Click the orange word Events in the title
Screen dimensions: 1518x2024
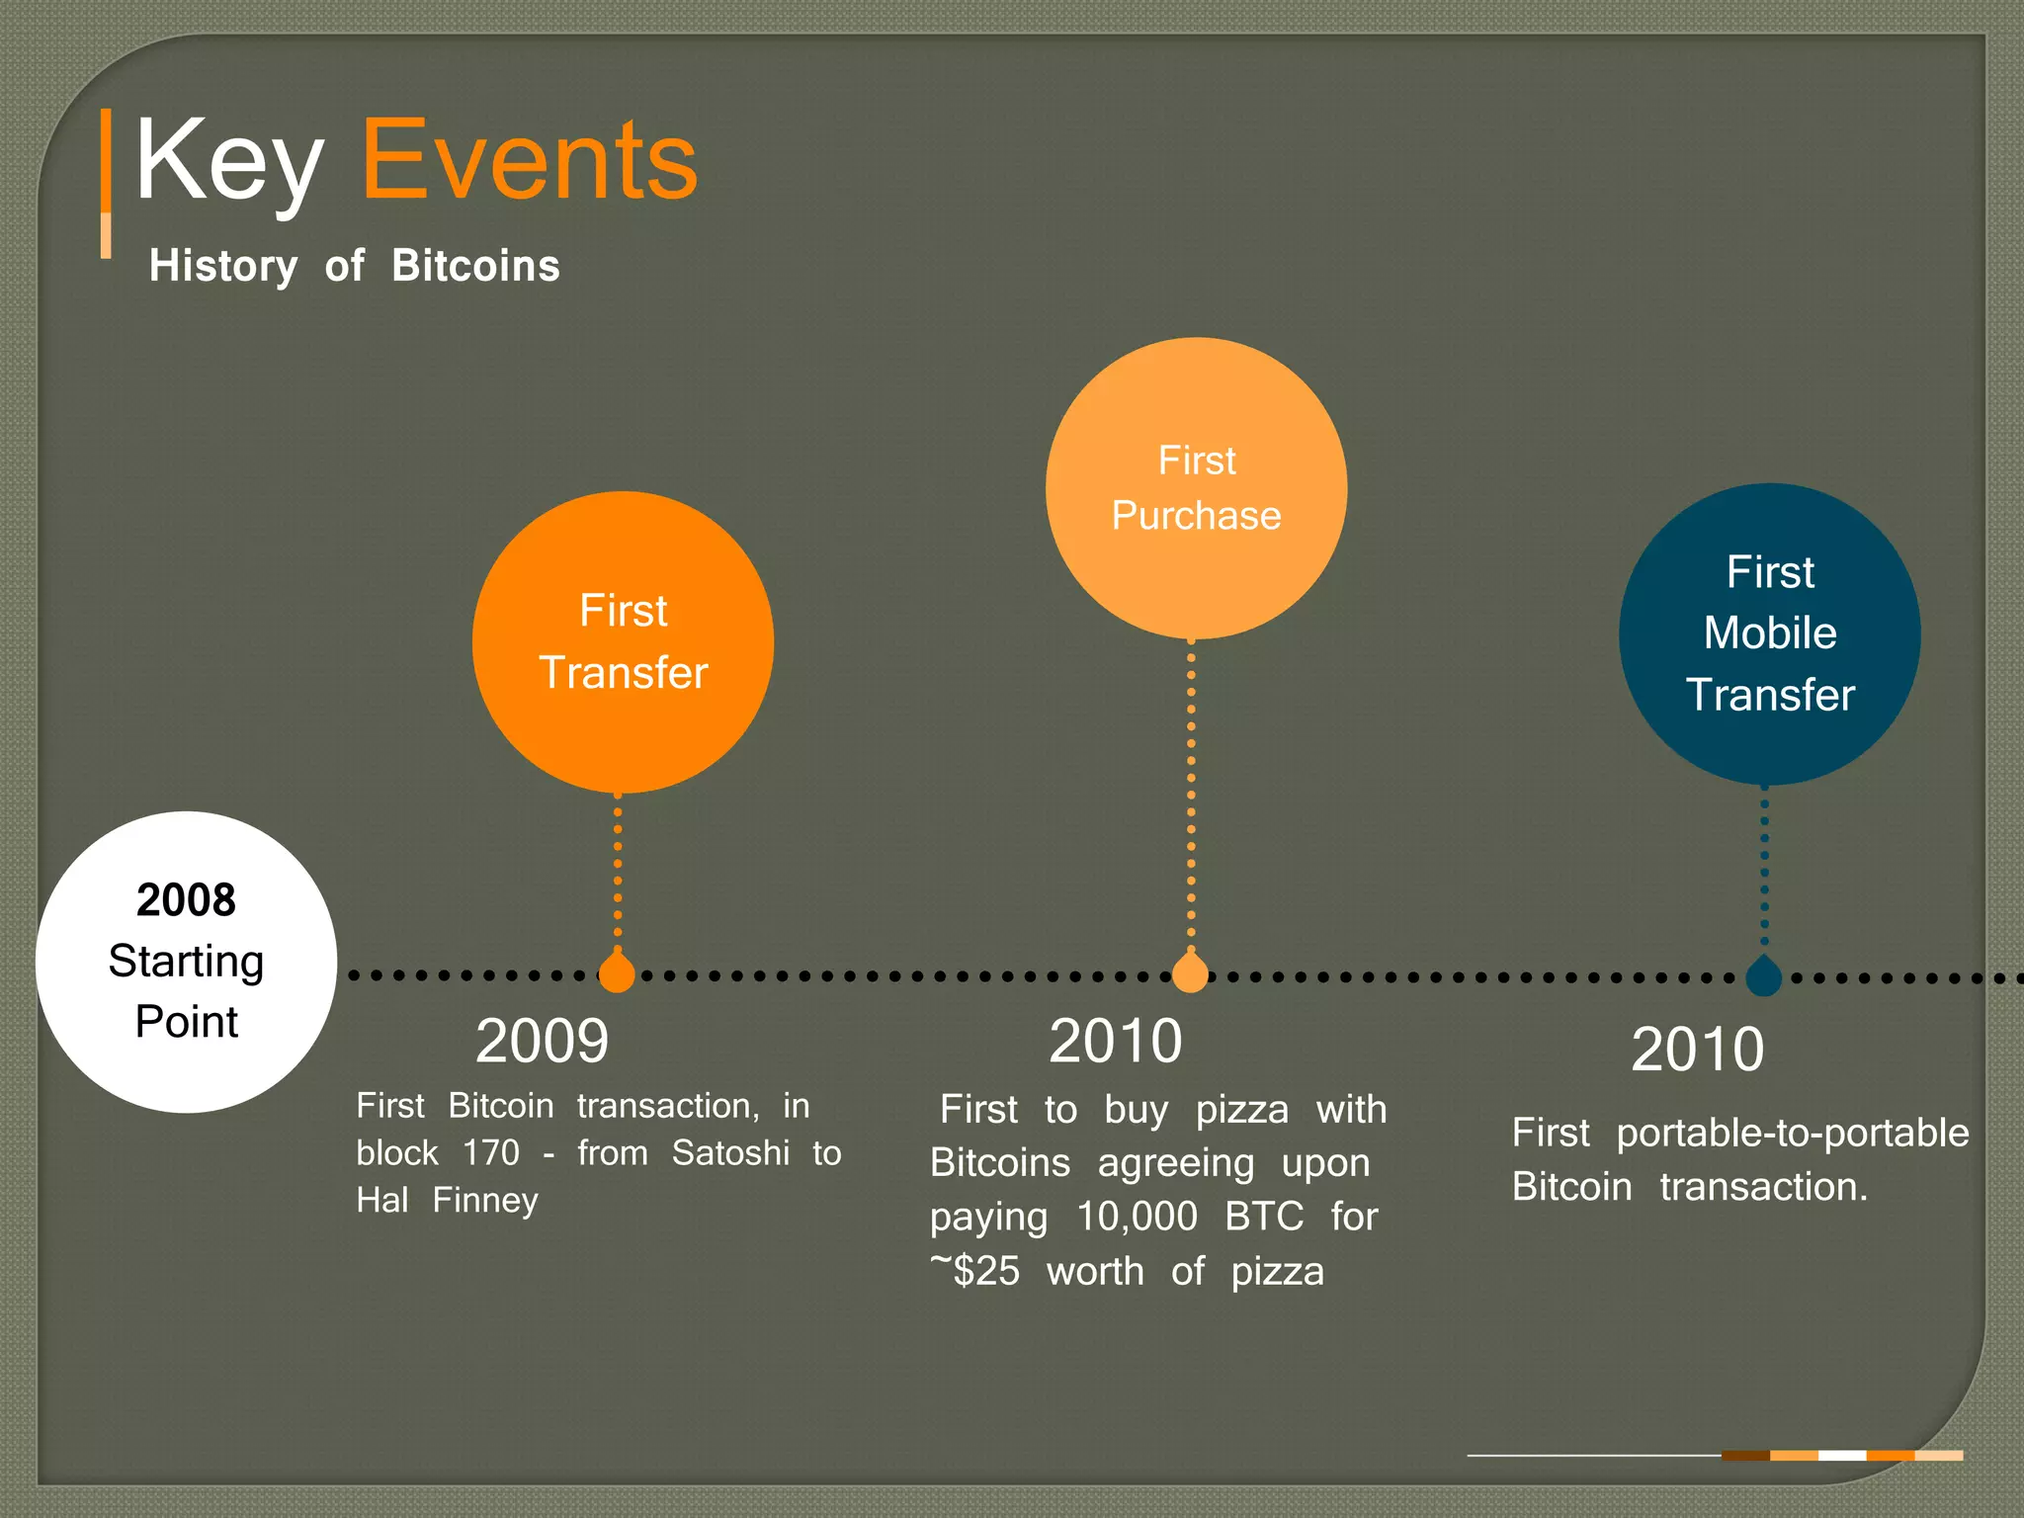530,161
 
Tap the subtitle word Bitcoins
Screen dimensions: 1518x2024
475,266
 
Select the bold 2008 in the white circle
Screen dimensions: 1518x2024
186,899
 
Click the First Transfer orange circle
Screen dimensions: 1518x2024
623,642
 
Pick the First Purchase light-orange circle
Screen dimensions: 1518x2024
1196,488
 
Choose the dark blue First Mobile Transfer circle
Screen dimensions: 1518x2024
1769,633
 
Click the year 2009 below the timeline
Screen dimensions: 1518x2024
542,1041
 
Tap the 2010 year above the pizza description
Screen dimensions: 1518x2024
1115,1041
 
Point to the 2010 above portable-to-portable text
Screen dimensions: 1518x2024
1697,1049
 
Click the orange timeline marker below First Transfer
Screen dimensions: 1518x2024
617,974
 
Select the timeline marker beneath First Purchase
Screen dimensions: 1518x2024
1190,974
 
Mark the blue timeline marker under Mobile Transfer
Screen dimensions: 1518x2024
1764,977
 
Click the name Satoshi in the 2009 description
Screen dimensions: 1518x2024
730,1153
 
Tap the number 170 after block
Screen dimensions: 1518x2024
491,1153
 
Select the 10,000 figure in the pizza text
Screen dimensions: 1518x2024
1137,1217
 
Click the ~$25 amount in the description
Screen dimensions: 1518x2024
975,1271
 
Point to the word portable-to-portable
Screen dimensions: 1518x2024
1792,1133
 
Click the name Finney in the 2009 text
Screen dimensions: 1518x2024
485,1201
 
